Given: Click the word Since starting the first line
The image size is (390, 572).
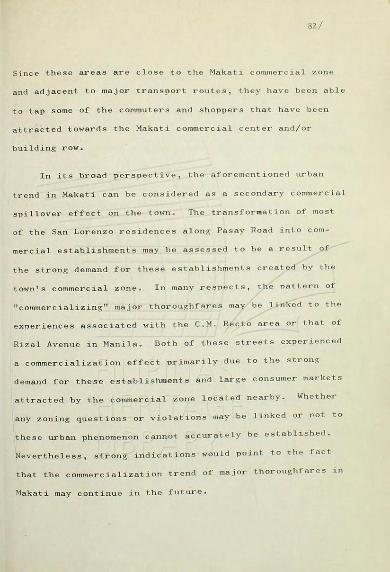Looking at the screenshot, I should (x=27, y=73).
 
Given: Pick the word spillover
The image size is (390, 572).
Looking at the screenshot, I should (x=37, y=214).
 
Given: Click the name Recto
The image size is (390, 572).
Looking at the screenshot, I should (x=239, y=323).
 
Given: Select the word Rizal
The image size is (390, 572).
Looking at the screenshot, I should (x=27, y=344).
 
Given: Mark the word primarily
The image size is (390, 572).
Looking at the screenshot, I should (x=195, y=362).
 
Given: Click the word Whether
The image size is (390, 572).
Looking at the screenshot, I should (x=317, y=396).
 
